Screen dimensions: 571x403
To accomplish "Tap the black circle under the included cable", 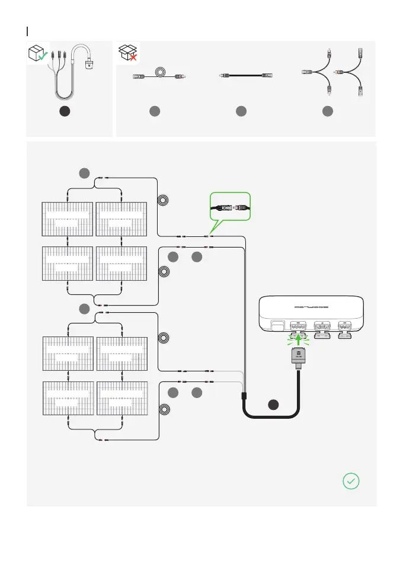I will pos(66,111).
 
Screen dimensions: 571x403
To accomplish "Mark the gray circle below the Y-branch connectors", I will pos(327,111).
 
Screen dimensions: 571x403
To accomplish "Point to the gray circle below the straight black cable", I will pos(241,111).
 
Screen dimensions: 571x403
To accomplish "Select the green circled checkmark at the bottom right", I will pos(351,481).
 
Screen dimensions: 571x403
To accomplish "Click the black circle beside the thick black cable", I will pos(273,405).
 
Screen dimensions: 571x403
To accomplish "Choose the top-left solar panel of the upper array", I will pos(67,219).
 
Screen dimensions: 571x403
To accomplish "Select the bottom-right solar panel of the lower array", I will pos(120,400).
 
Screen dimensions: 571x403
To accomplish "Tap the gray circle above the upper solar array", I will pos(85,173).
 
